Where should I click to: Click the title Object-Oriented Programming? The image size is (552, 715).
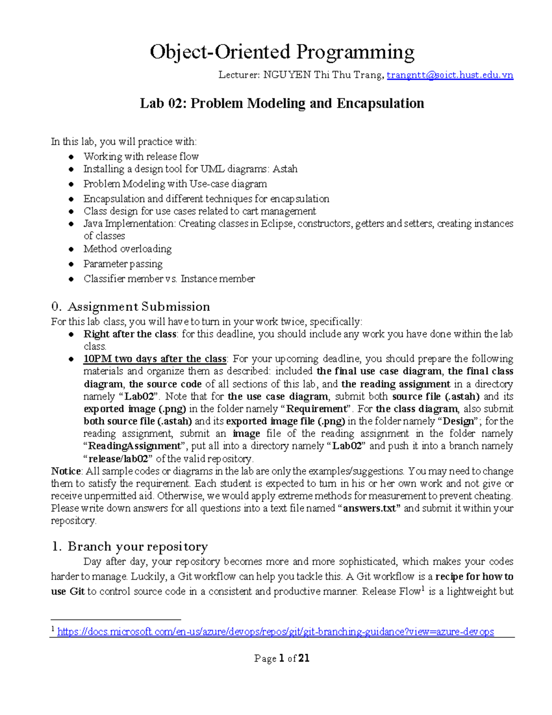point(282,52)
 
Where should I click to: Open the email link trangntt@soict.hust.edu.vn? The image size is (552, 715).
point(449,75)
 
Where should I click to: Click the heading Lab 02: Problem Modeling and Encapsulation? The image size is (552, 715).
point(282,103)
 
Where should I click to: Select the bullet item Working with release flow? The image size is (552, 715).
point(141,157)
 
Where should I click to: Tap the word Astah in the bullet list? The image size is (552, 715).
point(285,169)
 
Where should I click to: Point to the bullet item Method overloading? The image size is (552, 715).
point(127,249)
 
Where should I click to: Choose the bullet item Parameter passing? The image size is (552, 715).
point(123,264)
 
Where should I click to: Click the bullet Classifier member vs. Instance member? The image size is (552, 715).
point(169,279)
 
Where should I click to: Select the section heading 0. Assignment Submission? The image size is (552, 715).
point(131,307)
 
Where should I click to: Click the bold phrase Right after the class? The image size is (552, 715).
point(130,334)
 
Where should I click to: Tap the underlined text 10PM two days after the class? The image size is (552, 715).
point(155,359)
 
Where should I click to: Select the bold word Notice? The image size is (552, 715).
point(66,471)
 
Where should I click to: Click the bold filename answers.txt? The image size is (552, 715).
point(369,508)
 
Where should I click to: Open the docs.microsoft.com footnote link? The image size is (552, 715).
point(275,632)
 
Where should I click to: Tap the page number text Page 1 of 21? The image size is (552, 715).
point(282,658)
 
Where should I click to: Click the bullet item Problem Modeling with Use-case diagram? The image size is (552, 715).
point(175,184)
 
